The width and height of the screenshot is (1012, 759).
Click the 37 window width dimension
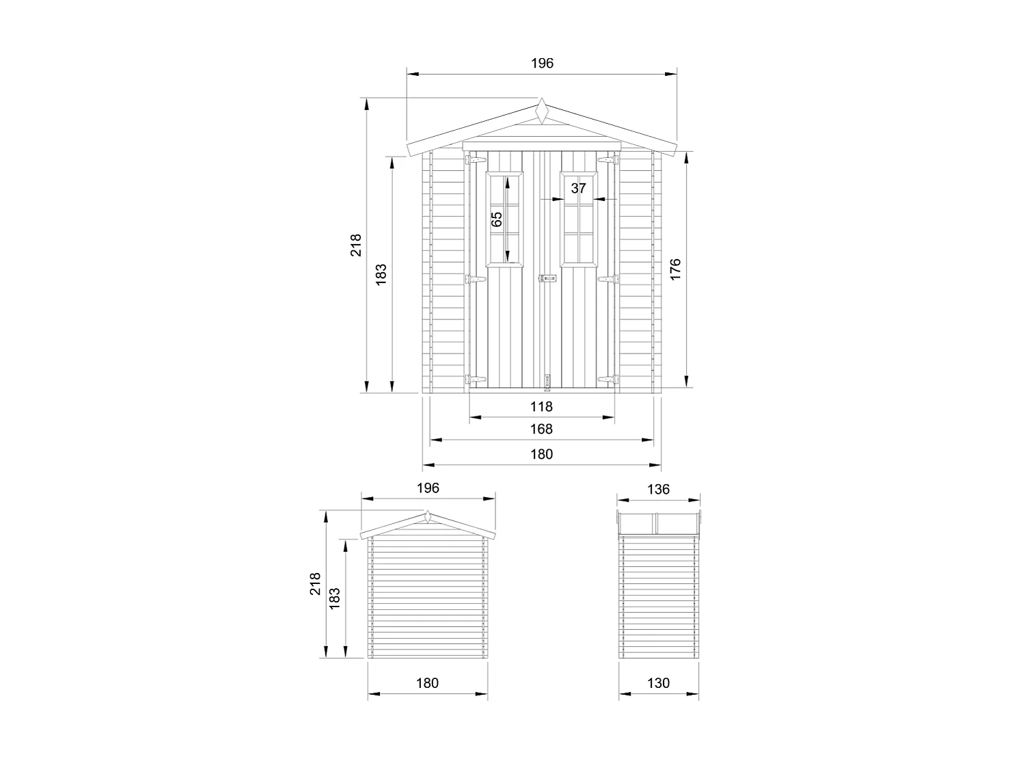tap(578, 188)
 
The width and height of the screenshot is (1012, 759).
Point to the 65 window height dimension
tap(497, 219)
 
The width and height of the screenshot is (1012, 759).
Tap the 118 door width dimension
tap(541, 407)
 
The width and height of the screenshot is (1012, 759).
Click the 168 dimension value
tap(541, 429)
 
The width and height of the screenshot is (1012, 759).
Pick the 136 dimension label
tap(658, 490)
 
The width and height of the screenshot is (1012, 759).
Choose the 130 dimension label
tap(658, 683)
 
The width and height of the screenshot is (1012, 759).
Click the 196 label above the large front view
tap(542, 64)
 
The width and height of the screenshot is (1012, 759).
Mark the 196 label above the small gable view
tap(427, 488)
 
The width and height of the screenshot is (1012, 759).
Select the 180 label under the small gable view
tap(427, 683)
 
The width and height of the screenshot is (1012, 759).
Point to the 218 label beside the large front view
tap(356, 245)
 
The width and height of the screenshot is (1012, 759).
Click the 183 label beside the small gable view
tap(335, 598)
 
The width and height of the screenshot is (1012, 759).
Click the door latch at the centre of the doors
tap(547, 278)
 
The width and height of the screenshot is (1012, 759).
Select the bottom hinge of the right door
tap(607, 379)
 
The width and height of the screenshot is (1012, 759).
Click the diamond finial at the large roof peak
tap(542, 111)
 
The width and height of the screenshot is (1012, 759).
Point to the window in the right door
tap(578, 219)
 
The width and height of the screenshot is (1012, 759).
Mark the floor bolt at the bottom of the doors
tap(547, 381)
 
